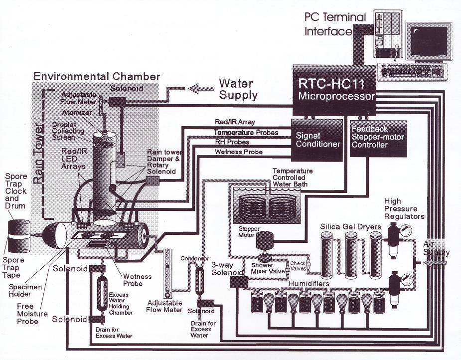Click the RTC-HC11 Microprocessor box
[333, 89]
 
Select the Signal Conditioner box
[317, 140]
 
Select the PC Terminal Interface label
[335, 24]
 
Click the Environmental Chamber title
[97, 76]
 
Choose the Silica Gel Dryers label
[350, 227]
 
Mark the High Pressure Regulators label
[404, 209]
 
